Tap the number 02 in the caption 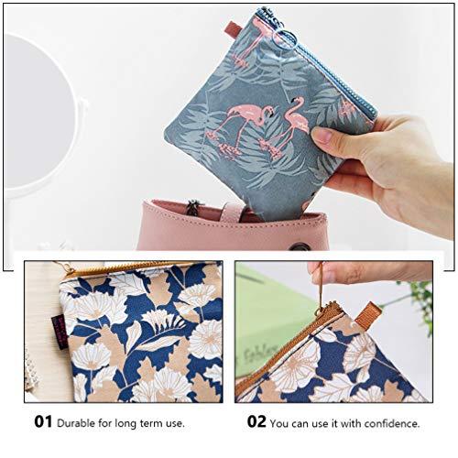tap(257, 423)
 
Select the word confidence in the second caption tap(386, 423)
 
